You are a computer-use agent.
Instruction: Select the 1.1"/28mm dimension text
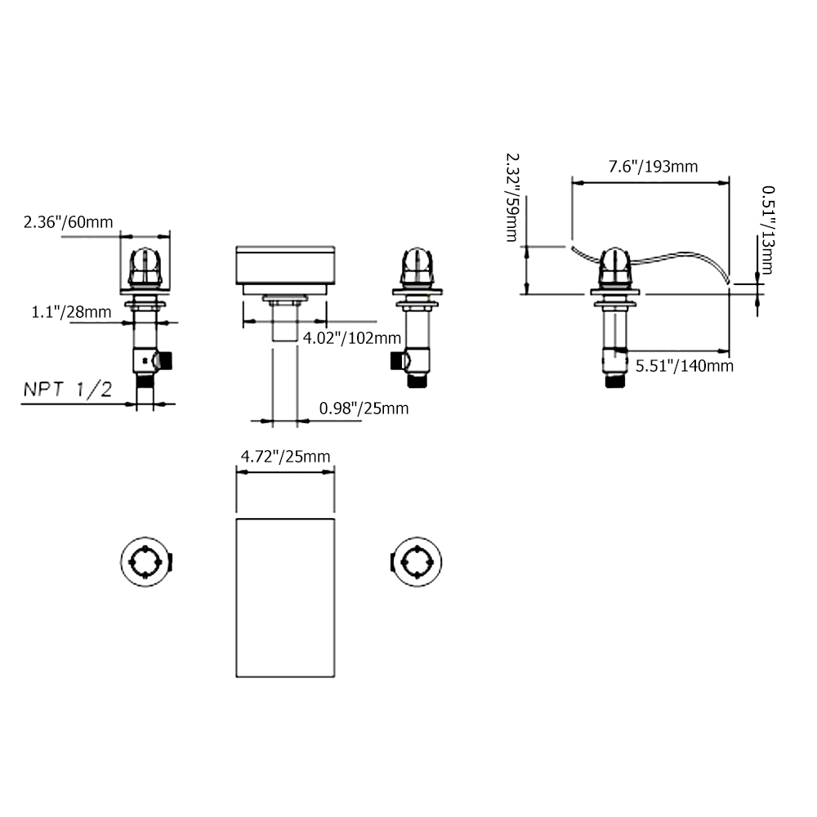pyautogui.click(x=72, y=311)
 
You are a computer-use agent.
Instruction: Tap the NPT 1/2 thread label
pyautogui.click(x=67, y=390)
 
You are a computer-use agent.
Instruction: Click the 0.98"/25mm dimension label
pyautogui.click(x=364, y=408)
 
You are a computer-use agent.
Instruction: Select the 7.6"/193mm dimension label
pyautogui.click(x=652, y=167)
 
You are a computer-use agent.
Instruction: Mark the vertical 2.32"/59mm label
pyautogui.click(x=512, y=196)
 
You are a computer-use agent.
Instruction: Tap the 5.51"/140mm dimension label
pyautogui.click(x=684, y=365)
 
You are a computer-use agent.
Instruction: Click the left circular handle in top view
pyautogui.click(x=146, y=562)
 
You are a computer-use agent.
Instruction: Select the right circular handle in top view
pyautogui.click(x=417, y=562)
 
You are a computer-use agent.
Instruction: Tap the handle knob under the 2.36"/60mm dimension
pyautogui.click(x=145, y=266)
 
